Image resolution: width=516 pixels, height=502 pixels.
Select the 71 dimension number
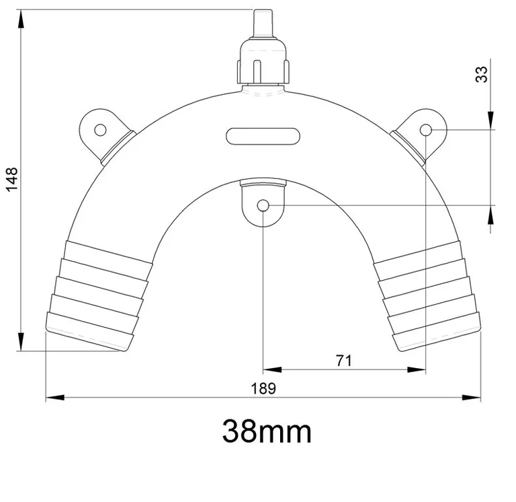coord(343,360)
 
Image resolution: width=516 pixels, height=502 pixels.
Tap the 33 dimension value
coord(482,73)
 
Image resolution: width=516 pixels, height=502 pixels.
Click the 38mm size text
coord(267,431)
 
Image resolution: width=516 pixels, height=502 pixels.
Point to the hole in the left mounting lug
coord(100,129)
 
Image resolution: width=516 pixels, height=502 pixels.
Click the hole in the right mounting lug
coord(426,129)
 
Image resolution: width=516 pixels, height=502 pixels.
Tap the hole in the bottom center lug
coord(263,205)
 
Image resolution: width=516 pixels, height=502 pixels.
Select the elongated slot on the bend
coord(263,135)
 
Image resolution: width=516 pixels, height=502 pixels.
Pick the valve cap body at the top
coord(263,64)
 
